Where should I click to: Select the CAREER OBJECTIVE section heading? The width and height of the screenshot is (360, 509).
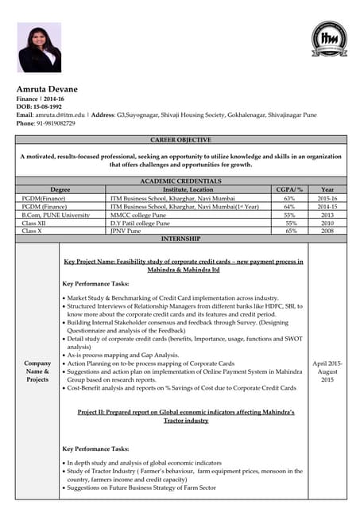[180, 140]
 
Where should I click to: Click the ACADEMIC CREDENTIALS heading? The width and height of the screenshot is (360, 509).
[180, 181]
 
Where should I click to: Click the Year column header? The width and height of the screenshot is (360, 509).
[327, 190]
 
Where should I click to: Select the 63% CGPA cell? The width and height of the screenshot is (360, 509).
[289, 198]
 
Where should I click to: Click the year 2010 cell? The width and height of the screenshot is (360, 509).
[327, 223]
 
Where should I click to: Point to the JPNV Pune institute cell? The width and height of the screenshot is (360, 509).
[130, 231]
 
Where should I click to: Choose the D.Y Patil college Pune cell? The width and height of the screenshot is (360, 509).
[144, 223]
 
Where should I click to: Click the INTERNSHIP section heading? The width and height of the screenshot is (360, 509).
[180, 239]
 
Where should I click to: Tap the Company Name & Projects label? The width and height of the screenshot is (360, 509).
[37, 371]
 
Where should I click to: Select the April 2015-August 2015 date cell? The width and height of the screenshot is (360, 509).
[327, 371]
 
